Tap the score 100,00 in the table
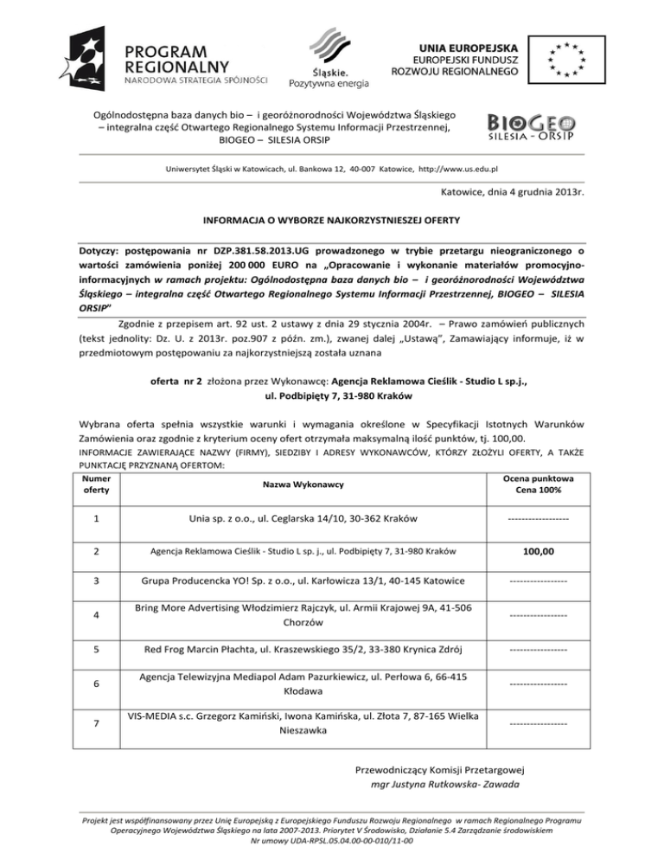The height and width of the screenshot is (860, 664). (x=538, y=551)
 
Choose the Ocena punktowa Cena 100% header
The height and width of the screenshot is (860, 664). (x=538, y=485)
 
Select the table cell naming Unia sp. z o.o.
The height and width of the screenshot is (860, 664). (x=303, y=518)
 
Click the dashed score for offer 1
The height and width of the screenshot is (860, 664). (x=538, y=519)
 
